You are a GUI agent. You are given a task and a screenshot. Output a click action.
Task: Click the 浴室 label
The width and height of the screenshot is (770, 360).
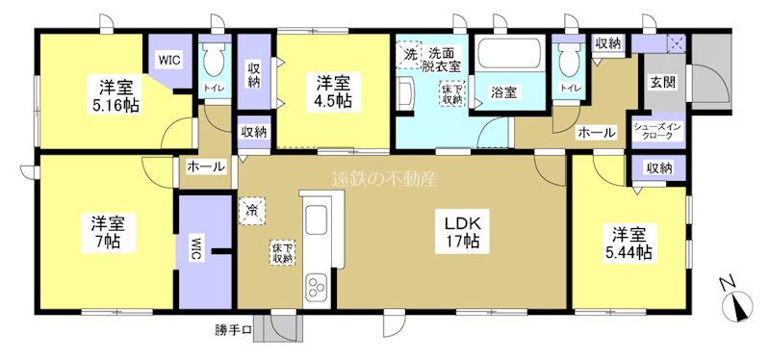(503, 93)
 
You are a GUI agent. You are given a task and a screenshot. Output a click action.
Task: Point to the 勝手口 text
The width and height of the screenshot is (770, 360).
(234, 332)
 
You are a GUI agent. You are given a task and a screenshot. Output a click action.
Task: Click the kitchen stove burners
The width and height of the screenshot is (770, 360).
(317, 287)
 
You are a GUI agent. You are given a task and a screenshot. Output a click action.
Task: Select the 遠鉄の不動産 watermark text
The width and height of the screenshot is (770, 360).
(384, 179)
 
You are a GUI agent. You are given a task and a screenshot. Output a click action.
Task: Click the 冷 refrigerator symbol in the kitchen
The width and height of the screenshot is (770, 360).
(252, 209)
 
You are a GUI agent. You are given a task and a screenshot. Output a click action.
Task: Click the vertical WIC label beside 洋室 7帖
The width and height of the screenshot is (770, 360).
(196, 248)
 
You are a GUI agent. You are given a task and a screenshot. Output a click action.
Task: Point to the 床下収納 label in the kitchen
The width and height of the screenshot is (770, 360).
(282, 252)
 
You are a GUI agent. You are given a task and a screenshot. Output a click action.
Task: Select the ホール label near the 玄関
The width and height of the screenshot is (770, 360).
(596, 133)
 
